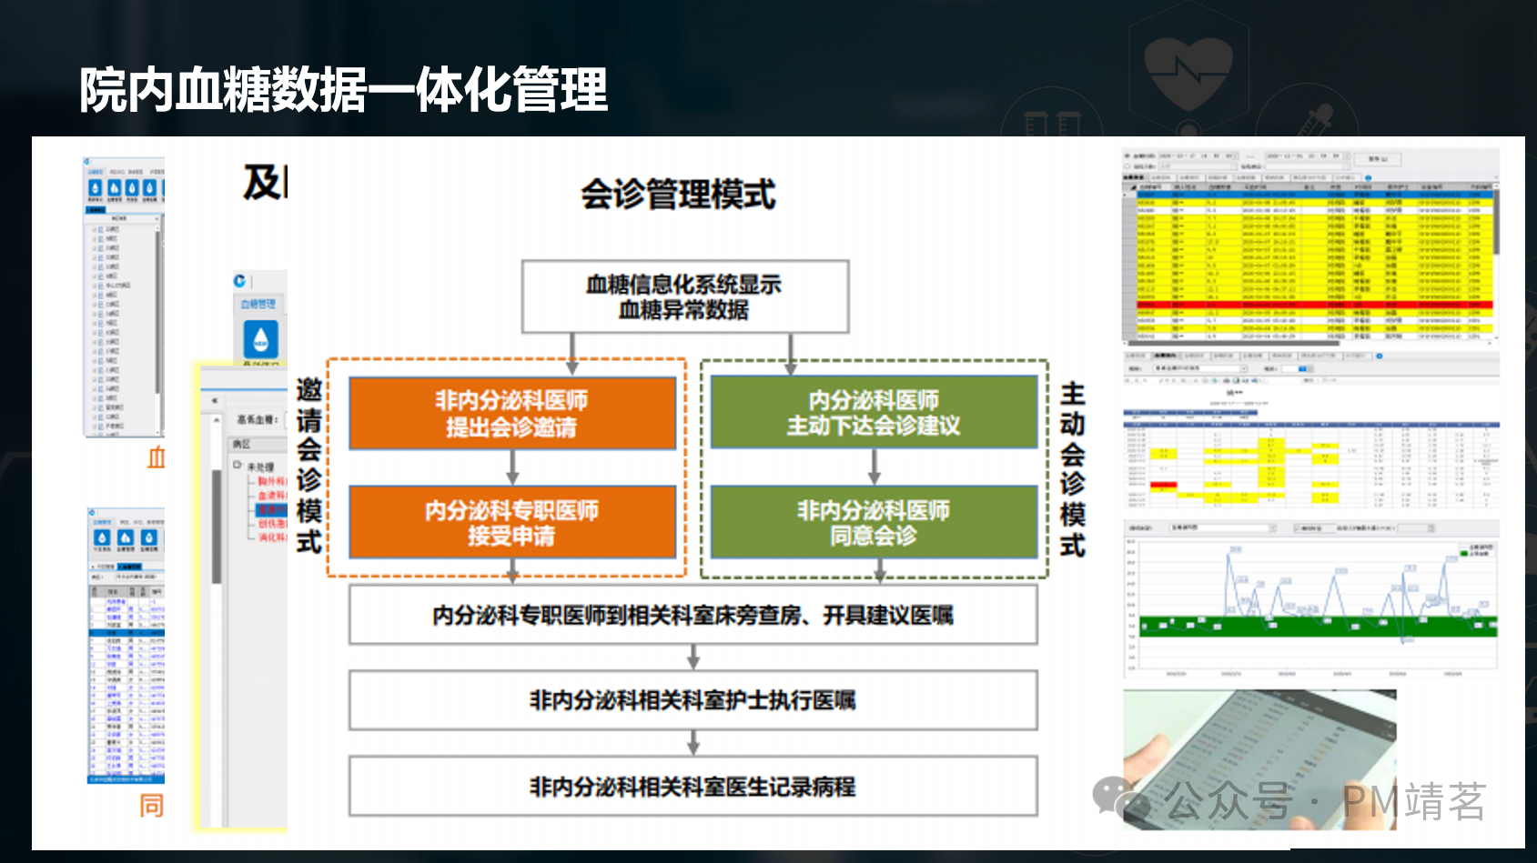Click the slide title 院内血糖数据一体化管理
click(343, 90)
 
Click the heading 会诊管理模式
click(678, 194)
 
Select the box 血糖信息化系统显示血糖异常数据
click(684, 296)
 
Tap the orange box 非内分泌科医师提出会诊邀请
click(511, 413)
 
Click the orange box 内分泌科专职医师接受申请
click(511, 522)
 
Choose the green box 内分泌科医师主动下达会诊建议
click(874, 413)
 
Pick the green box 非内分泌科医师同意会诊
click(874, 522)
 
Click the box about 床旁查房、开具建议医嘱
click(693, 615)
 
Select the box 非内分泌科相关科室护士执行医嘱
click(693, 700)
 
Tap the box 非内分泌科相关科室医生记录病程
click(693, 787)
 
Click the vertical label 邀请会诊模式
click(309, 466)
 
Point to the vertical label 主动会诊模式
click(1072, 469)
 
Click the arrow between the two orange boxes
click(512, 467)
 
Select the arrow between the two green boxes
click(875, 467)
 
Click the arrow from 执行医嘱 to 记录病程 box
click(693, 743)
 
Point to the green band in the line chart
click(1310, 626)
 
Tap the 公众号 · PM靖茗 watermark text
click(1324, 801)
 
